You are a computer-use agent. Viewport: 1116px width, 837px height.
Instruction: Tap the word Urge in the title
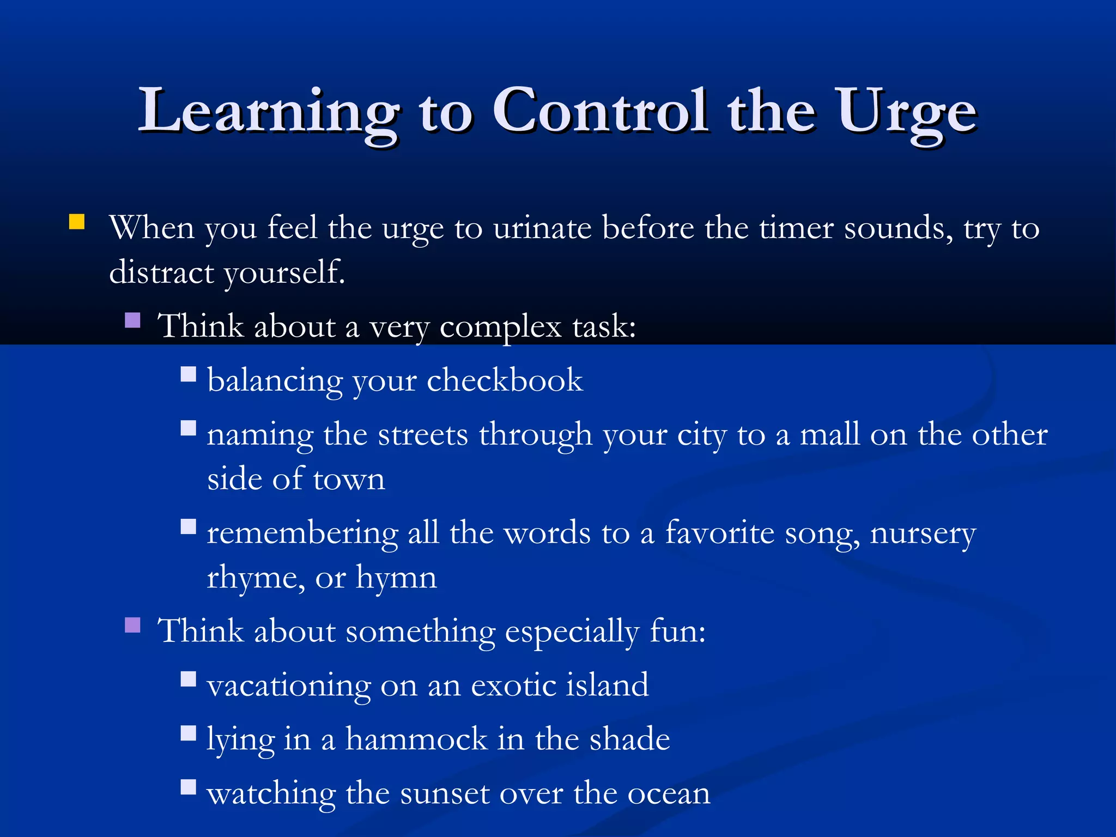point(907,112)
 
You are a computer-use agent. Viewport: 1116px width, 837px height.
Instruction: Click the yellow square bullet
point(77,222)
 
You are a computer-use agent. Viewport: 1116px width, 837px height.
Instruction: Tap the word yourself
point(284,272)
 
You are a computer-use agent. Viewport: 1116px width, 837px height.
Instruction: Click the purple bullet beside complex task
point(132,319)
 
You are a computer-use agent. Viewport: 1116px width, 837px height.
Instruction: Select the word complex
point(500,327)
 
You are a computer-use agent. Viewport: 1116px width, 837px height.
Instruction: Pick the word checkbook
point(505,380)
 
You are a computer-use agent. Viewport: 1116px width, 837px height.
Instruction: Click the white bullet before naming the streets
point(188,428)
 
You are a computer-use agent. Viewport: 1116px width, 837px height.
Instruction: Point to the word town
point(349,480)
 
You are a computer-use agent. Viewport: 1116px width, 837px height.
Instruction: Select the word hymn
point(396,578)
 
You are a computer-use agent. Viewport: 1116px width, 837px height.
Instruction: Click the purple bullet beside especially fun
point(132,624)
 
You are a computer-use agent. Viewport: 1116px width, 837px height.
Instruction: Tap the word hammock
point(417,739)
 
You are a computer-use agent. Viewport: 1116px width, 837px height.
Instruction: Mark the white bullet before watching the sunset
point(188,787)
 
